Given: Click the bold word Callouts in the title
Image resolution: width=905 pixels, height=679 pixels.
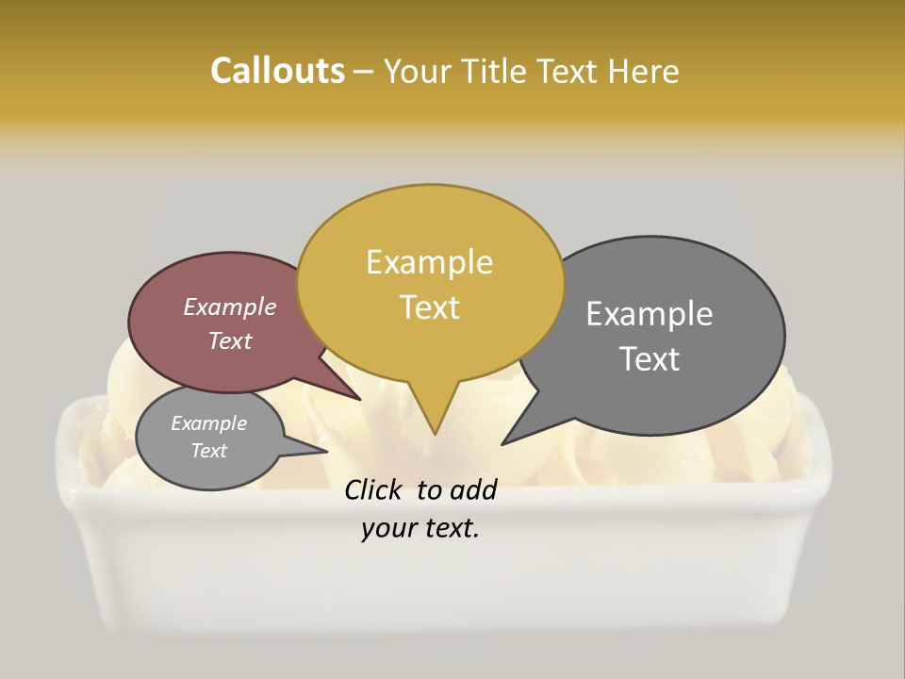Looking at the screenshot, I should click(x=278, y=71).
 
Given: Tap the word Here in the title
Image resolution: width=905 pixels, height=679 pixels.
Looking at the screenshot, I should click(x=645, y=71).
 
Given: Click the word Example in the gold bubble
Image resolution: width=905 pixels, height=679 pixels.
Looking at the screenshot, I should click(x=429, y=262).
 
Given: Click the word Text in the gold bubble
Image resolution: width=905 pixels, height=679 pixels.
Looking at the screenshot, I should click(x=429, y=307).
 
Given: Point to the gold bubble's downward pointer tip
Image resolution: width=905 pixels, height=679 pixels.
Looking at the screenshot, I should click(x=435, y=434).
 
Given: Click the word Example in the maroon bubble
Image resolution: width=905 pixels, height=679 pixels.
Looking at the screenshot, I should click(x=230, y=306).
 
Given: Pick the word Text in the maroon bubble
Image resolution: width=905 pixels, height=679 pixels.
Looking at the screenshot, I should click(x=230, y=340).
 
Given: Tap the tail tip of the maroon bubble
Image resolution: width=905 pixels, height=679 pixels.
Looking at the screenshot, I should click(x=360, y=399).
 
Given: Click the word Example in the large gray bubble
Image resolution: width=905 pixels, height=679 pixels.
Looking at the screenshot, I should click(x=650, y=314).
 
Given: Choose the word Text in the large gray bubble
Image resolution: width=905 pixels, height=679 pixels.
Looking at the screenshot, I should click(x=650, y=359).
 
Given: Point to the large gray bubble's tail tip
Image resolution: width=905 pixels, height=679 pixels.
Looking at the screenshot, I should click(x=502, y=443).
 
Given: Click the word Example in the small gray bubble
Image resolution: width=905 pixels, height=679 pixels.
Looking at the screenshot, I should click(x=208, y=423).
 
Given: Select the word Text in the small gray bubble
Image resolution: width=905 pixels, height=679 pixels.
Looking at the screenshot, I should click(x=208, y=451).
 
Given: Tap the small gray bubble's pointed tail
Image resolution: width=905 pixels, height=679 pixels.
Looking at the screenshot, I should click(x=326, y=452).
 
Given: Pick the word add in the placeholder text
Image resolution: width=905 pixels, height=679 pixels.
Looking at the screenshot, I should click(x=474, y=489).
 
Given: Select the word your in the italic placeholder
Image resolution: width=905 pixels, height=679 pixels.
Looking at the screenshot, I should click(x=388, y=529).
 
